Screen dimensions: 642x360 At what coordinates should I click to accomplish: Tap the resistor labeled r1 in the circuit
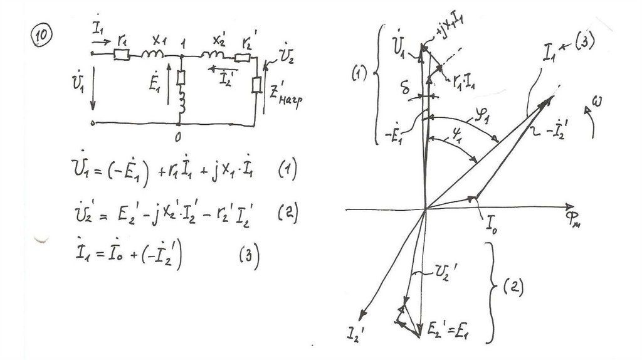tap(122, 55)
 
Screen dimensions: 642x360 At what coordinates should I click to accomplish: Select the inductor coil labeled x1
tap(153, 55)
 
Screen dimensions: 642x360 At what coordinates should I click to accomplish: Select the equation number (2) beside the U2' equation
tap(285, 214)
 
